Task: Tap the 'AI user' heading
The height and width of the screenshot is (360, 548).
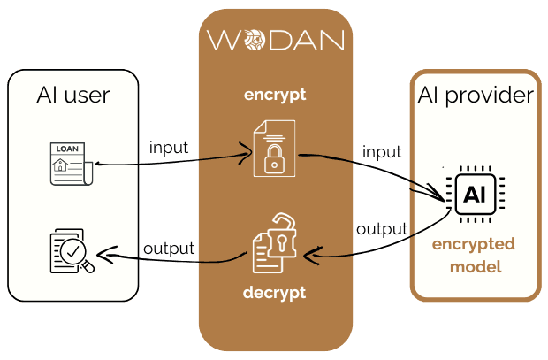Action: pos(74,94)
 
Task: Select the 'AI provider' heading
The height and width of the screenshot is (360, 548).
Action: pos(476,96)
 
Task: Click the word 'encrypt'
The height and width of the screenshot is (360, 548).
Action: pos(274,93)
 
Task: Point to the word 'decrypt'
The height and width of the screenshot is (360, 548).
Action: pos(274,292)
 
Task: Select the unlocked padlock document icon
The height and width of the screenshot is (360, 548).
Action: pos(274,243)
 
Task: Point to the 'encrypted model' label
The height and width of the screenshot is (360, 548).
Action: pos(473,254)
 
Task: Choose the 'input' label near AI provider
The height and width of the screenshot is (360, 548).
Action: pos(383,153)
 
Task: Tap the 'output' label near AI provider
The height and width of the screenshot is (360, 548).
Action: pos(381,229)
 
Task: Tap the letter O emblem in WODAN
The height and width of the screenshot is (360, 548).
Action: pos(253,41)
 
